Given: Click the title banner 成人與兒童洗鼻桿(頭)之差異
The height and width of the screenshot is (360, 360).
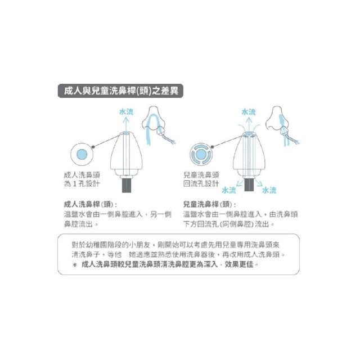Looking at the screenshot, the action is tap(120, 91).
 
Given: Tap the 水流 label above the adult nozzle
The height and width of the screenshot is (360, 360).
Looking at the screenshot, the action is tap(126, 112).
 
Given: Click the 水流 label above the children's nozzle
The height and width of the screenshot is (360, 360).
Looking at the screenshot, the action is tap(249, 112).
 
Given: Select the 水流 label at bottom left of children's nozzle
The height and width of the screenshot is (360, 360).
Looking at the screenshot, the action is tap(229, 190).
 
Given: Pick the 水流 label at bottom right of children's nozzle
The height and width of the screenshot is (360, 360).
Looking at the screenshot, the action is tap(269, 190).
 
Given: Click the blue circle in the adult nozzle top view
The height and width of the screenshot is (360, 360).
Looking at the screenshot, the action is tap(82, 154).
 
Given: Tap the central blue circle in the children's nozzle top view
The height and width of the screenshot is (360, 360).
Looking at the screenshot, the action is tap(201, 154).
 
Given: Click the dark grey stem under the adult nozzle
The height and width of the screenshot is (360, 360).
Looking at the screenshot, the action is tap(127, 186).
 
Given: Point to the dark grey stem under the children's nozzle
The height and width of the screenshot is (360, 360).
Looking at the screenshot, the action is tap(249, 185).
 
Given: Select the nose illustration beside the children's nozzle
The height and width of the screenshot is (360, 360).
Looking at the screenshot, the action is tap(281, 125).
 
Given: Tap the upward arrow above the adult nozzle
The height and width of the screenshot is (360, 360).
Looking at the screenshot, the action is tap(126, 124).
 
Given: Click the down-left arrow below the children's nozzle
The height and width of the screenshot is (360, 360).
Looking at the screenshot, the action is tap(240, 183).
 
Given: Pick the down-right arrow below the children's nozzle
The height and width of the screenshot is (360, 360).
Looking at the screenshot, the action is tap(259, 183).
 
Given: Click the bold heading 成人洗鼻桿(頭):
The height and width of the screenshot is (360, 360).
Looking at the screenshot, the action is tap(90, 204).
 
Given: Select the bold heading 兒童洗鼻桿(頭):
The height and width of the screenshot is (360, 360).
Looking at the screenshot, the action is tap(209, 204).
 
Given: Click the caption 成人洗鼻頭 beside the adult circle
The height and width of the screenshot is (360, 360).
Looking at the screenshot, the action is tap(82, 175).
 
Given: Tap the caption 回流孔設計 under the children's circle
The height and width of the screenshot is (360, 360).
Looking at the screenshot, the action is tap(201, 184).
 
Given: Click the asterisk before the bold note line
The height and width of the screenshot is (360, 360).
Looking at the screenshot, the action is tap(75, 265).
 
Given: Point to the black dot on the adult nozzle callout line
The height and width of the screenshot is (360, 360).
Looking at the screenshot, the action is tap(93, 147).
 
